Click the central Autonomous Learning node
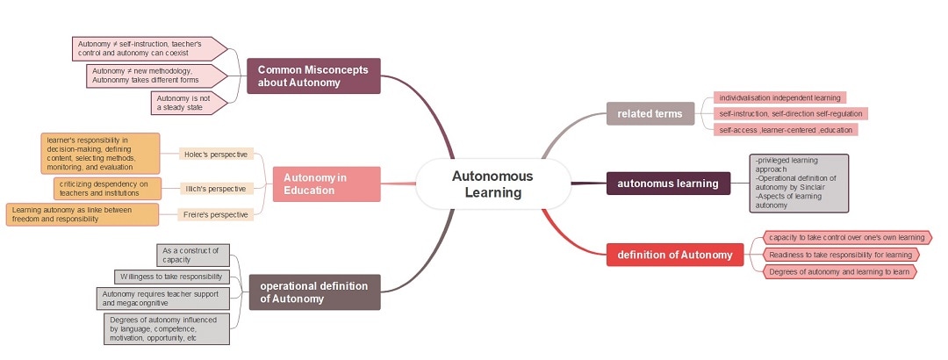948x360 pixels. point(492,184)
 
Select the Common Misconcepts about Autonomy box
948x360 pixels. point(312,76)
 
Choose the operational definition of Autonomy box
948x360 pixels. point(314,292)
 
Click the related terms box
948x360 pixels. point(650,113)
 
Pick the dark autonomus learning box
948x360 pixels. point(667,184)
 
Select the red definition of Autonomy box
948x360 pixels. point(674,255)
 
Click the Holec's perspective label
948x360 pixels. point(216,154)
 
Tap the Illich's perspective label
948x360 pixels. point(216,188)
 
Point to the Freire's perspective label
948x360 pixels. point(216,214)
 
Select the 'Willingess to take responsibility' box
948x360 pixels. point(171,277)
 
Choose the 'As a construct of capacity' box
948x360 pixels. point(192,255)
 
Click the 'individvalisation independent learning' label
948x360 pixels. point(779,97)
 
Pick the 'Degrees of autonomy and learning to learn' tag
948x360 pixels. point(839,272)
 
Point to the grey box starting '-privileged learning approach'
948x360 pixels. point(799,184)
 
